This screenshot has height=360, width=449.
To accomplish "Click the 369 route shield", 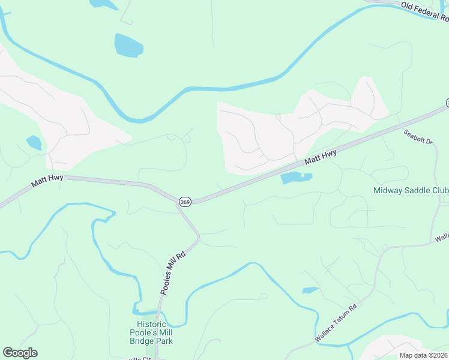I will (x=185, y=203).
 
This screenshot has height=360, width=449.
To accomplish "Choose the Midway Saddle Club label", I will (x=411, y=190).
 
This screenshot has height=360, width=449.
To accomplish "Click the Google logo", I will (x=20, y=353).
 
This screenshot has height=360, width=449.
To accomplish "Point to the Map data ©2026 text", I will (x=424, y=355).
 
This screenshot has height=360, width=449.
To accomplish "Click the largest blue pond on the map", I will (x=128, y=45).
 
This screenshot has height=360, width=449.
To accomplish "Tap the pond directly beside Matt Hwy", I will (x=293, y=178).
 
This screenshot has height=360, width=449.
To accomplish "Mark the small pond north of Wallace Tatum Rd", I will (x=310, y=290).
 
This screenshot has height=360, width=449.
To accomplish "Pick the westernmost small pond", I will (x=34, y=143).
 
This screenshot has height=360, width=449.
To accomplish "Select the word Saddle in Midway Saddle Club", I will (x=414, y=190).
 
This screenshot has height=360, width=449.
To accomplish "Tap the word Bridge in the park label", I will (x=142, y=341).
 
